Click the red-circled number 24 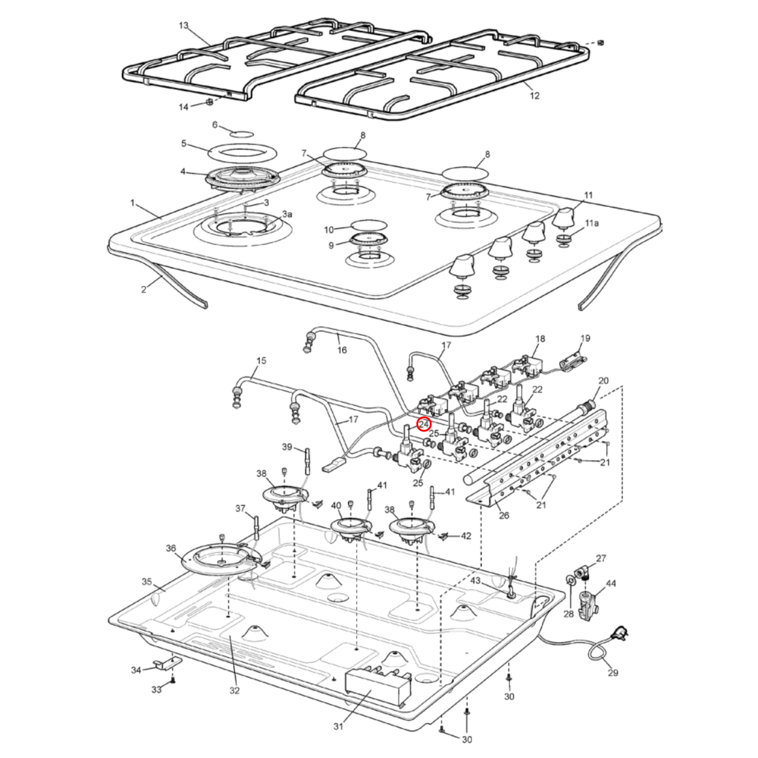click(x=424, y=424)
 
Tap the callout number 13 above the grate click(x=183, y=26)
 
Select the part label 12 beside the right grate click(x=534, y=95)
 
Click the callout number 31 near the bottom click(x=338, y=727)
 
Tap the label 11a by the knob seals click(x=591, y=223)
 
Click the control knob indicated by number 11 click(x=563, y=218)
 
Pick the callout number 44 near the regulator click(x=611, y=583)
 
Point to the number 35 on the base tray click(x=146, y=581)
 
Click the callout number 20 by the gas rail click(x=603, y=380)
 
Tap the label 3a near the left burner click(x=287, y=214)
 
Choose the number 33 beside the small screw click(x=156, y=689)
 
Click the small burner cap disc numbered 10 click(x=369, y=225)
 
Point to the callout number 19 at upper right click(x=585, y=338)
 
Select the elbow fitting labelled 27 click(x=581, y=572)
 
